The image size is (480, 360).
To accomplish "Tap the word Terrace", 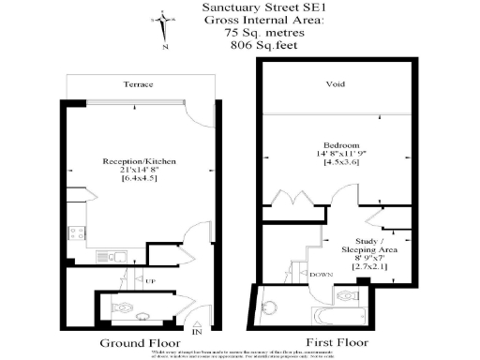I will point(138,83).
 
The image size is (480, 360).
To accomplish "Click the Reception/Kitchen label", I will point(139,162).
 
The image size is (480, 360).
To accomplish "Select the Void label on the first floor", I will point(335,83).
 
